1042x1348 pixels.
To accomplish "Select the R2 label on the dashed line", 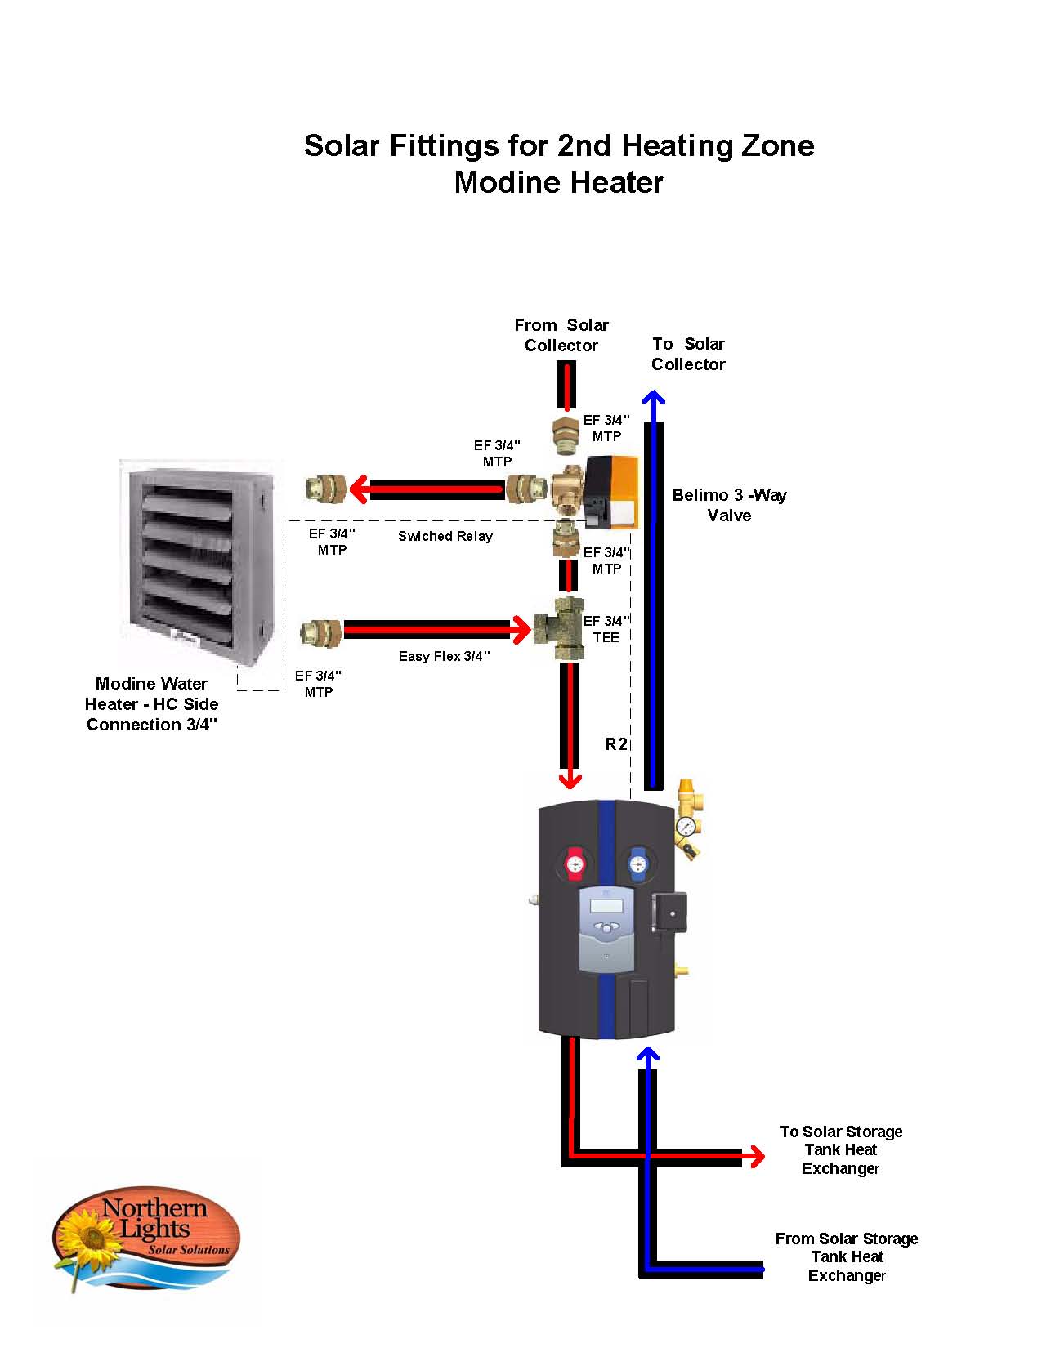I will click(x=615, y=743).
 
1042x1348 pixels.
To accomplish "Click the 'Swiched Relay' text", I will click(x=445, y=536).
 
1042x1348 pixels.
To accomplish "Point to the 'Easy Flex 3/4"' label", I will click(x=444, y=656).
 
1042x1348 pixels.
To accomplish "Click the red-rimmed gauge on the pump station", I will click(x=576, y=863).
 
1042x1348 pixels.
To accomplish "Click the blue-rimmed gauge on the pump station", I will click(x=637, y=863).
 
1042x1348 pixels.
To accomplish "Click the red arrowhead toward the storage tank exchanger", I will click(x=755, y=1156).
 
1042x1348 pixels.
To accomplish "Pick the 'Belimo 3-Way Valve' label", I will click(x=729, y=505).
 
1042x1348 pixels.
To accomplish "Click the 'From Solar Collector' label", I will click(x=561, y=335).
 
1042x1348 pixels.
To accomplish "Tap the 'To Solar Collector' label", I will click(x=688, y=354).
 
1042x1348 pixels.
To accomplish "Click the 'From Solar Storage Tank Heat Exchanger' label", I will click(x=847, y=1256).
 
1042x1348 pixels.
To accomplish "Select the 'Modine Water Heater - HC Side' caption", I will click(x=152, y=703).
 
